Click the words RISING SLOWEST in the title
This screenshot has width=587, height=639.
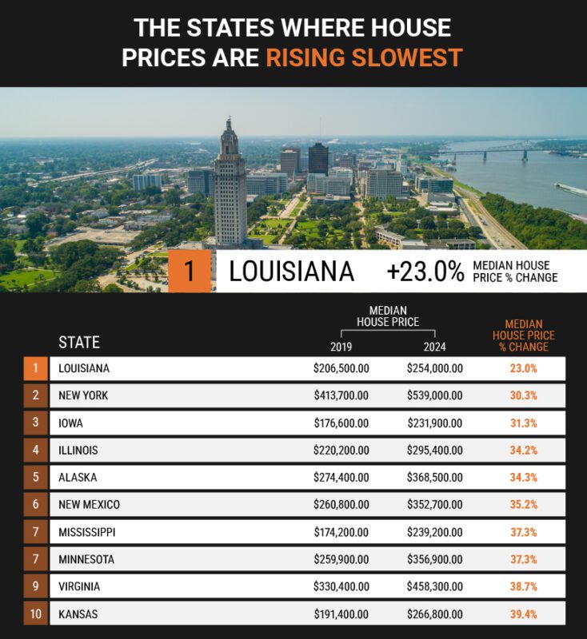[x=364, y=58]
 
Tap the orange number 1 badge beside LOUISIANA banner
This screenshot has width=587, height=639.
[x=190, y=272]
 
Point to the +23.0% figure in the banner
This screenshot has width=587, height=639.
[x=425, y=272]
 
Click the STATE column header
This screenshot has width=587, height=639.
[x=79, y=343]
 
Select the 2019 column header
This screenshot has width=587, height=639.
[x=341, y=347]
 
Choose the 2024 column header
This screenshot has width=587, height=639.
[x=435, y=347]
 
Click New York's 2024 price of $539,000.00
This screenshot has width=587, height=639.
[x=434, y=395]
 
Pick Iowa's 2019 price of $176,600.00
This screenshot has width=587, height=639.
[x=341, y=423]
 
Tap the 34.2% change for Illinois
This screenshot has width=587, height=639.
[x=523, y=450]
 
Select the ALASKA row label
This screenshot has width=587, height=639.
[x=78, y=478]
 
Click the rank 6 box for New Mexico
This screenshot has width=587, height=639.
[x=35, y=505]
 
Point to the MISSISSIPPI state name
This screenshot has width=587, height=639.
[x=86, y=532]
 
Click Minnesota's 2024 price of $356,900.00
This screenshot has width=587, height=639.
[x=434, y=560]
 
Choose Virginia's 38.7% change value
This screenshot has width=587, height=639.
[x=523, y=587]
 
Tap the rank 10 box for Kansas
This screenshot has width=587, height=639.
[x=35, y=614]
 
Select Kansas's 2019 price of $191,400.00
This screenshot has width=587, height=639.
[x=341, y=614]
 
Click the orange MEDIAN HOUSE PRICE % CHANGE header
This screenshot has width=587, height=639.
[x=523, y=336]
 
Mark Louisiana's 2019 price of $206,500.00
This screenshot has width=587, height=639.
[x=341, y=369]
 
